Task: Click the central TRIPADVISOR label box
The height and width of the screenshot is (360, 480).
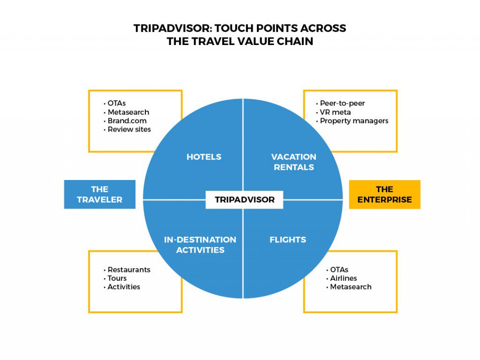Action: [244, 200]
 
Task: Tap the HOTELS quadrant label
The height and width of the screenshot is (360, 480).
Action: [204, 157]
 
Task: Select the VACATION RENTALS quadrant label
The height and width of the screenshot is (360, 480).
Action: [293, 162]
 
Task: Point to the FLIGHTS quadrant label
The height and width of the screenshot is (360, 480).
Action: [288, 240]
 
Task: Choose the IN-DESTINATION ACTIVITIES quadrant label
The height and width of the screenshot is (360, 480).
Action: [200, 245]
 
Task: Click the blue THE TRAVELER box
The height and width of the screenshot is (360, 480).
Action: [100, 195]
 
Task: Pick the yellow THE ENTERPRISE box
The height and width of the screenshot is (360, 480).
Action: [385, 195]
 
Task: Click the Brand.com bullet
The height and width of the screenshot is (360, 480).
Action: [125, 120]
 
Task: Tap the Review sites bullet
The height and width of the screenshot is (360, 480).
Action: [127, 129]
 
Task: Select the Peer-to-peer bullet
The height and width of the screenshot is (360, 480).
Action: [340, 103]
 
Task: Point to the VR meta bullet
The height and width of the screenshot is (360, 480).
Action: [333, 112]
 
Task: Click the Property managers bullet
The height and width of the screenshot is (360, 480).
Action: [352, 121]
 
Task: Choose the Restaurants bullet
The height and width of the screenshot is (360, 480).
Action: [127, 270]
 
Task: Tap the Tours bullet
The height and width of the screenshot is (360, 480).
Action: [115, 278]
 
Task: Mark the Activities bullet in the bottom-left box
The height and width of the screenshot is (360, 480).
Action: [122, 287]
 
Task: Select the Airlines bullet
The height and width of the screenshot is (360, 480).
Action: [342, 278]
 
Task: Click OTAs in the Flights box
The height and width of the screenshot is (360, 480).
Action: [337, 270]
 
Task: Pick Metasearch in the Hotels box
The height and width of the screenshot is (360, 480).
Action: [127, 112]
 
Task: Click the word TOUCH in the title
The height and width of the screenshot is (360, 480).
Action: [234, 28]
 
